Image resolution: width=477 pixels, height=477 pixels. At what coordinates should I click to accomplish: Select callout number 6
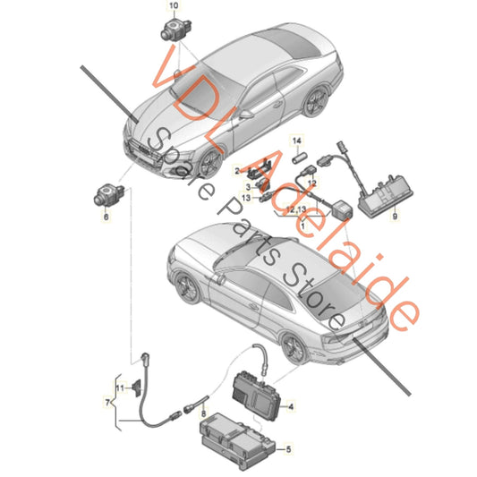click(105, 217)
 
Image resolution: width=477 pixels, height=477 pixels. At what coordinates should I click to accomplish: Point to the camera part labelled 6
click(103, 193)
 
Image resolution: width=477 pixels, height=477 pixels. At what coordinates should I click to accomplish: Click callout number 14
click(298, 141)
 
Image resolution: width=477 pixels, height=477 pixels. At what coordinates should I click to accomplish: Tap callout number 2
click(238, 169)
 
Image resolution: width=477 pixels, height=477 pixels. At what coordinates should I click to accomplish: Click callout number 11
click(117, 387)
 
